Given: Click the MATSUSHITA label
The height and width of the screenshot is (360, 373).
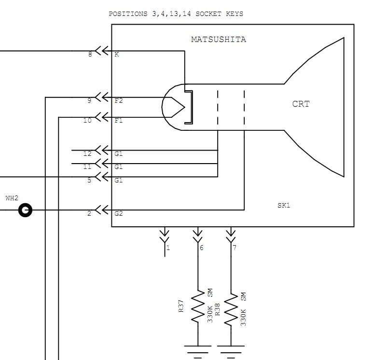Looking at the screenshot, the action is coord(219,39).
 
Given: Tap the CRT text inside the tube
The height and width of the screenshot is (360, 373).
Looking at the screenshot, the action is coord(301,104).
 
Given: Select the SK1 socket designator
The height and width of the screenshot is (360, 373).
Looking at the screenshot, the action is coord(284,206).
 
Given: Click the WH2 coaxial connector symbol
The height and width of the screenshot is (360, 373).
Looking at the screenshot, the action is coord(25,210).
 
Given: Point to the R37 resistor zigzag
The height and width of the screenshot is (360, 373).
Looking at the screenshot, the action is coord(198,306).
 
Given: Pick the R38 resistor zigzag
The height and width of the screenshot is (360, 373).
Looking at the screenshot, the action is coord(231,309).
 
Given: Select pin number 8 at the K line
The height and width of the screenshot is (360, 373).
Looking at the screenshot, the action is coord(90,55).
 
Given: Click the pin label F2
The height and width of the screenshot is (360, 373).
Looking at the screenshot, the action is coord(119,101).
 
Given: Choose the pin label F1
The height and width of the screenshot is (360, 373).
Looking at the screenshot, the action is coord(119,121).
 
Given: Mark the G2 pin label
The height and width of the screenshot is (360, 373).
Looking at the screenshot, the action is coord(119,213).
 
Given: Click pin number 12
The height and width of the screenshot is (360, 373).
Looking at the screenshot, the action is coord(87,153).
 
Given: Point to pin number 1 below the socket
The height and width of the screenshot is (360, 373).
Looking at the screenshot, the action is coord(168,248).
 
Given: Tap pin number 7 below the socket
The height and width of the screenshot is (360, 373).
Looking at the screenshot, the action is coord(235,248).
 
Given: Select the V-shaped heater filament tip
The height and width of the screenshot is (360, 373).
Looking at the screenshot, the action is coord(184,107).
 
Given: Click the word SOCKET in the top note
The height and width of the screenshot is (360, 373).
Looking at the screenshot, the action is coord(208,14).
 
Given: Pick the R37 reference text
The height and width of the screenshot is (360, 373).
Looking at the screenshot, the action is coord(181,306).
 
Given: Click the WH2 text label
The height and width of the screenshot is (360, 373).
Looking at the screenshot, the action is coord(12,198).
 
